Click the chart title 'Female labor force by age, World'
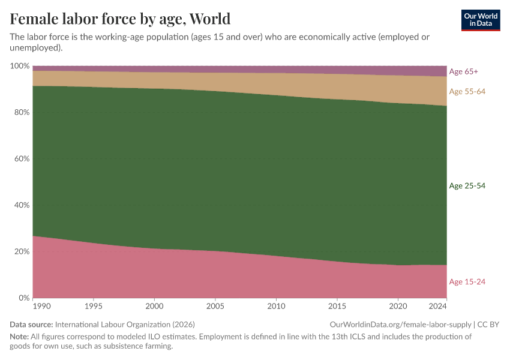point(120,18)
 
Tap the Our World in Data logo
point(480,20)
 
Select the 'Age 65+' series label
point(463,71)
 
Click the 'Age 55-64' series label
point(467,91)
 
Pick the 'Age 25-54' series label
point(467,186)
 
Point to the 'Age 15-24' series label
point(467,282)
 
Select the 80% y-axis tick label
point(21,112)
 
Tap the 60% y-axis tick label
point(21,159)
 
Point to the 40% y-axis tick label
point(21,205)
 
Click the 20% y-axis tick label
point(21,251)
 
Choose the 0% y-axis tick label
point(23,298)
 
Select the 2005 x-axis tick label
point(215,307)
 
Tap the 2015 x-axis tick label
point(337,307)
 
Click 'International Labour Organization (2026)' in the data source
point(125,324)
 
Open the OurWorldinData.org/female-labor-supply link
point(400,324)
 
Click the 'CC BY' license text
point(488,324)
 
